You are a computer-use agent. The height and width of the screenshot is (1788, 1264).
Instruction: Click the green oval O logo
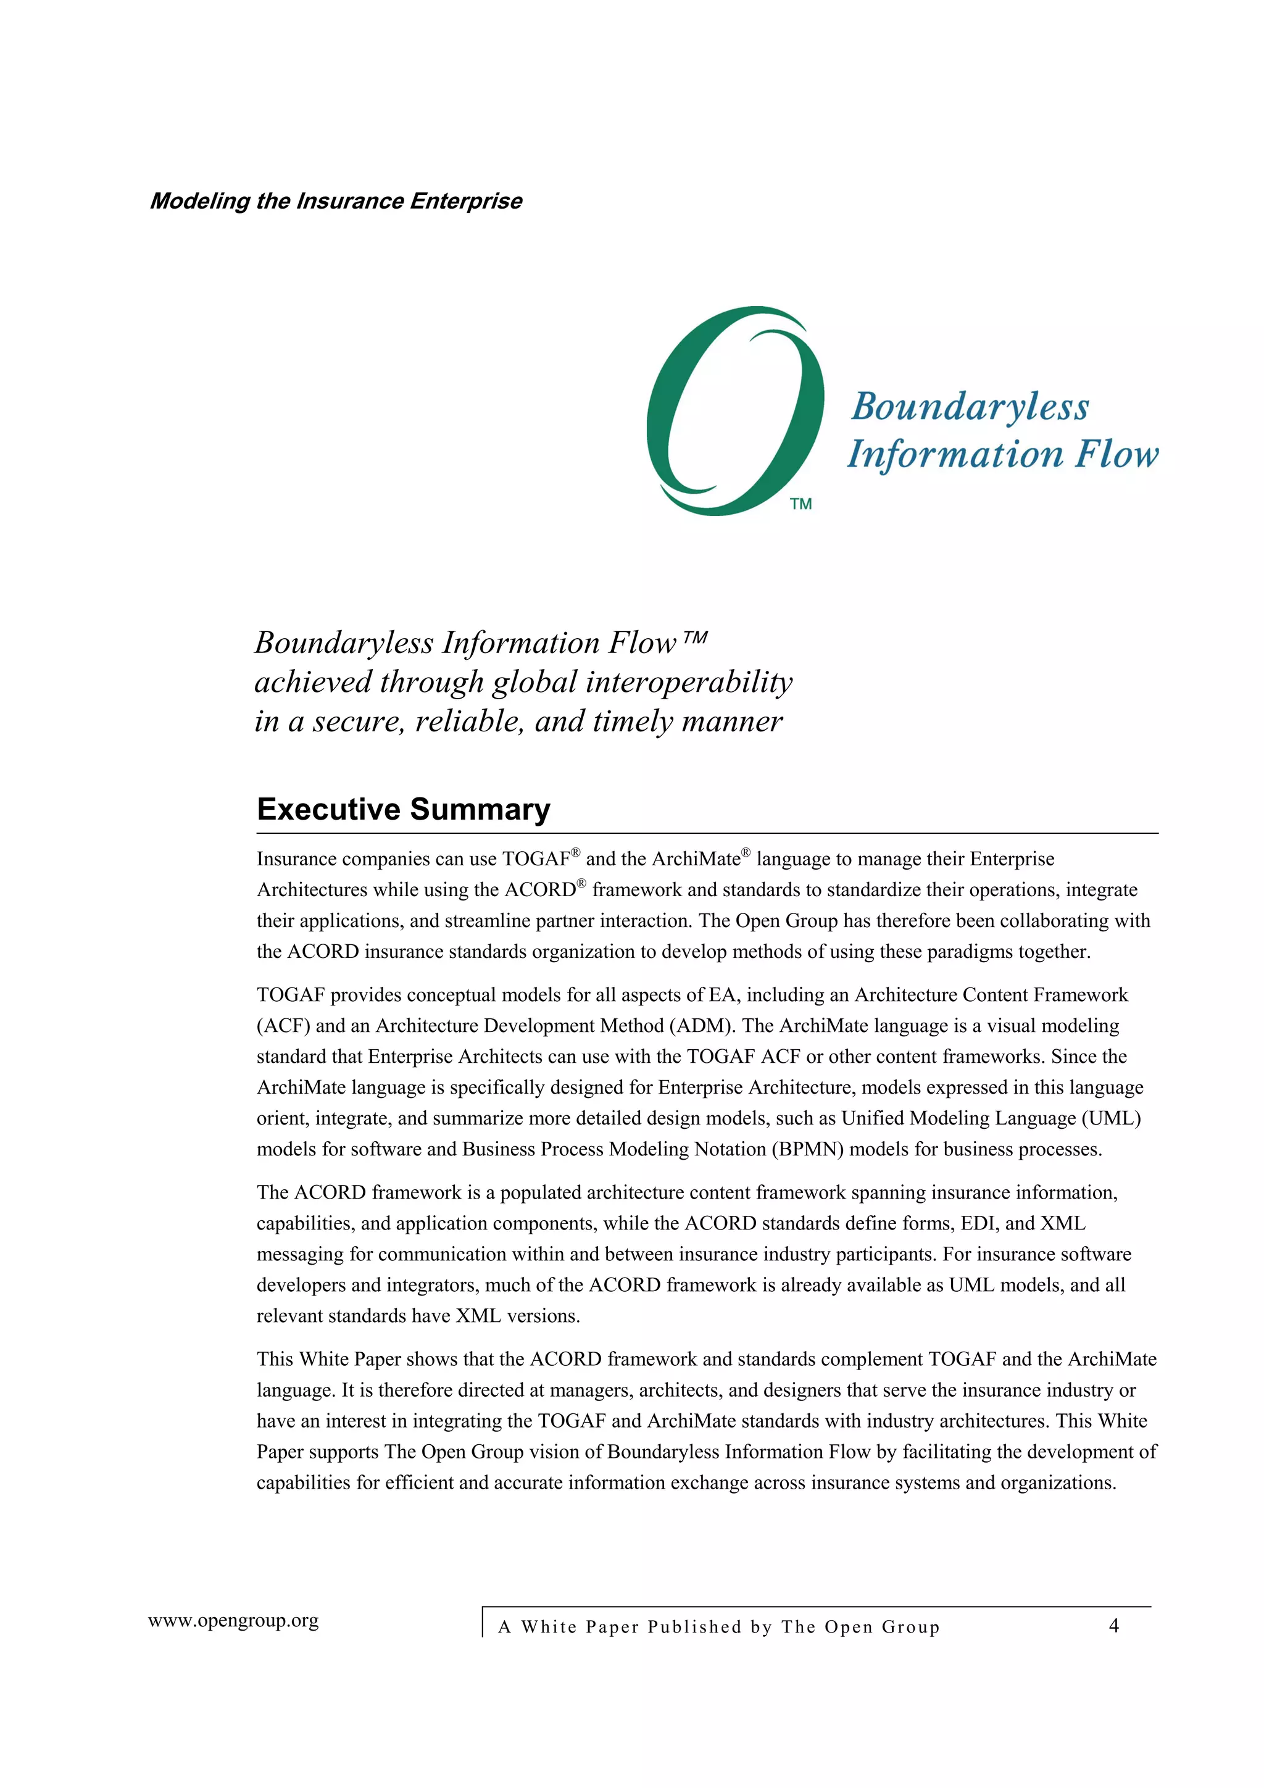pos(734,410)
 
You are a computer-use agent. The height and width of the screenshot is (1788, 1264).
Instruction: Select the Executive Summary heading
pos(404,809)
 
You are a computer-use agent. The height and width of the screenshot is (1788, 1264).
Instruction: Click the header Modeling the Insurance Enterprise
pos(336,201)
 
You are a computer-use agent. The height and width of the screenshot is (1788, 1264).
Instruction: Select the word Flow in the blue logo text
pos(1116,454)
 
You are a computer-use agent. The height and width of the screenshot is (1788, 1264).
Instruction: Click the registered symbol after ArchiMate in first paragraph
pos(746,853)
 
